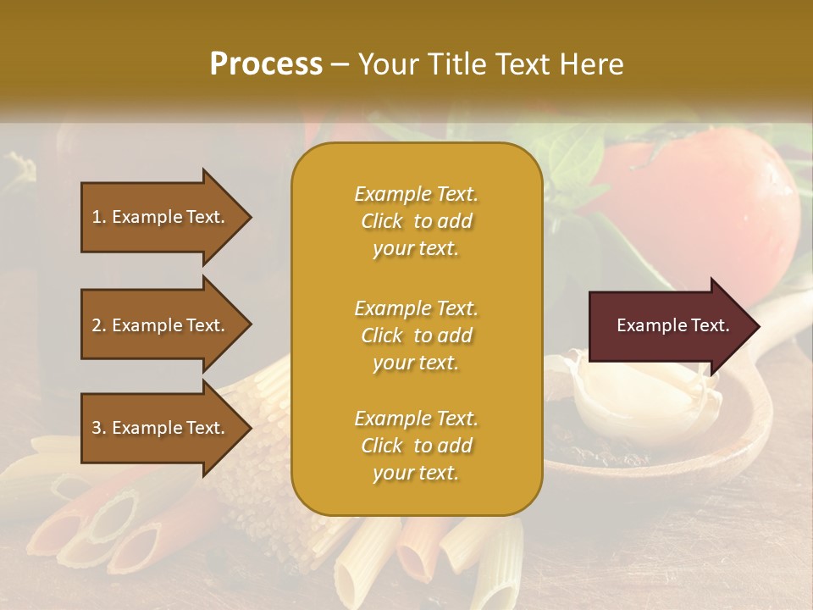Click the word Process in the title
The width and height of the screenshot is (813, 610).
click(x=266, y=64)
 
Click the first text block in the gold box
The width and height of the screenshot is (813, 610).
click(x=416, y=221)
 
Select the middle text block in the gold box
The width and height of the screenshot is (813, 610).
click(x=416, y=335)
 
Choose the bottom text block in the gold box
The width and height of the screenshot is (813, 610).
click(x=416, y=446)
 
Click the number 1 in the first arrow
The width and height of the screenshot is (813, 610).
click(x=97, y=218)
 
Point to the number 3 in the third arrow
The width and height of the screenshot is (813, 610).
click(x=97, y=429)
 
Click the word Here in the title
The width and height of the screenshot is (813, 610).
click(x=592, y=64)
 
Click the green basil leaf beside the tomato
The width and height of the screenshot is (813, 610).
click(x=576, y=165)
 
